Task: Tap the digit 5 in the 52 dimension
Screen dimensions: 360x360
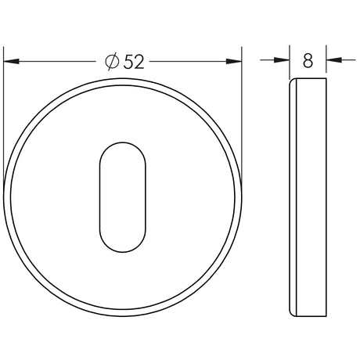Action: coord(128,62)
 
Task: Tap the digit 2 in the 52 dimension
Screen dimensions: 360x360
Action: coord(139,62)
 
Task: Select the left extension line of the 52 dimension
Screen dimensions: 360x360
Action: coord(4,117)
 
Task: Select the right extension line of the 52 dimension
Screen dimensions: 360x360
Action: coord(241,117)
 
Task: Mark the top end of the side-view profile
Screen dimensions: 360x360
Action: coord(308,79)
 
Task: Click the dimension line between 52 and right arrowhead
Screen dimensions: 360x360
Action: coord(188,61)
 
